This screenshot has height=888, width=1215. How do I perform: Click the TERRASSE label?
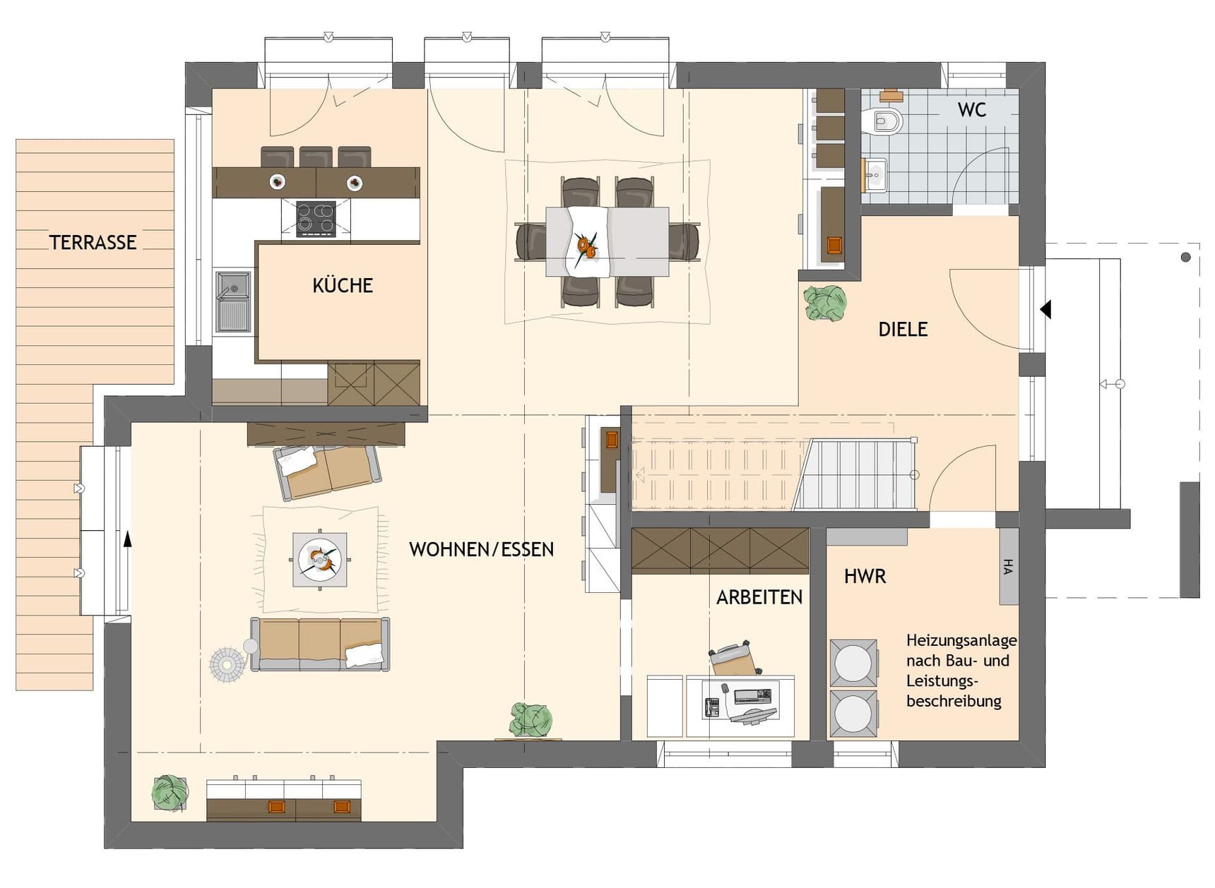tap(93, 242)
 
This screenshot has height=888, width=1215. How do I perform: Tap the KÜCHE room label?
tap(343, 285)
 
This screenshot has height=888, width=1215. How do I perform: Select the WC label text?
tap(972, 110)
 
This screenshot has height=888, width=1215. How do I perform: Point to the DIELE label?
tap(903, 329)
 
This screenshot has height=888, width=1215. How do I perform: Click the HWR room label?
tap(865, 577)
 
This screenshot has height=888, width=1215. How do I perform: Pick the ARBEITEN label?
tap(759, 597)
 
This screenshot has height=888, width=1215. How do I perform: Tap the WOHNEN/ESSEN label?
tap(481, 549)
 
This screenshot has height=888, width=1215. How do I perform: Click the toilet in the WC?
tap(884, 121)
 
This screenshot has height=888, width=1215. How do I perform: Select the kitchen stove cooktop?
tap(316, 218)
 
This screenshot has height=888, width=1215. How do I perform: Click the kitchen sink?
tap(232, 301)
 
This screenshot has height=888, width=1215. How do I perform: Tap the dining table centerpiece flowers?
tap(586, 246)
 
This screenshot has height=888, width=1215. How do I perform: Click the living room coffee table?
tap(320, 560)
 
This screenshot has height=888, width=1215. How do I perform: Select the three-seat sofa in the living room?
tap(320, 644)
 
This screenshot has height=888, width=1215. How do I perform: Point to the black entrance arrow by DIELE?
tap(1045, 309)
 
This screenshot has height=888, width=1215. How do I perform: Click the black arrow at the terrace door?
tap(128, 540)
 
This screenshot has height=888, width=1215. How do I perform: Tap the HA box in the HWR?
tap(1009, 566)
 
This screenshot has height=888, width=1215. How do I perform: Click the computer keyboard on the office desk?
tap(753, 697)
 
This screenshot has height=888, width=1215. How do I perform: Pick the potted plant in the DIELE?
tap(825, 303)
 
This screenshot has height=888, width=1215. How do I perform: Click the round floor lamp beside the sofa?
tap(227, 664)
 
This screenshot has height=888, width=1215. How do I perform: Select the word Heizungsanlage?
tap(961, 641)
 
